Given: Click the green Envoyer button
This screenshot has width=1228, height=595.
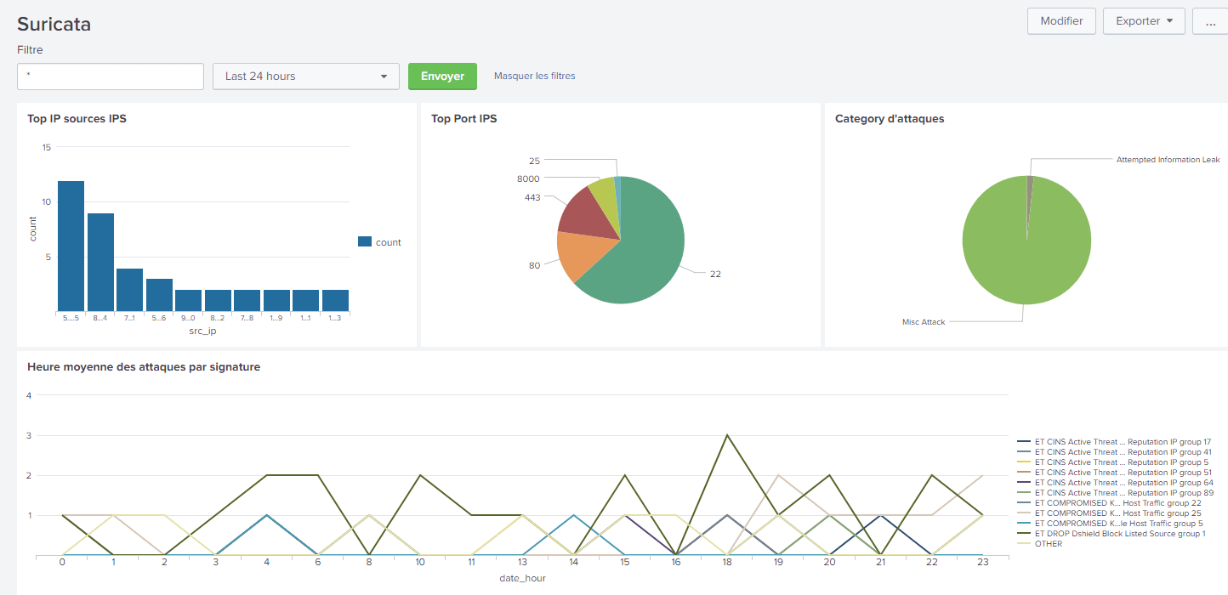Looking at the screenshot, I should coord(442,76).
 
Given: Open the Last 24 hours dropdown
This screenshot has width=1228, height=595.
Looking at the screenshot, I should coord(305,76).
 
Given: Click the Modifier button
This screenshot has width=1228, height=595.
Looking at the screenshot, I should coord(1061,21).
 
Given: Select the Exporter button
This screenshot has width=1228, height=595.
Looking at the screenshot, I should coord(1143,21).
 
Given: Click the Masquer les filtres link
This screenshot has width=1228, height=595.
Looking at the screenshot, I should coord(534,76).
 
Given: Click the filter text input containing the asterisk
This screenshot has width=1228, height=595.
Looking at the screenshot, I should coord(111,76).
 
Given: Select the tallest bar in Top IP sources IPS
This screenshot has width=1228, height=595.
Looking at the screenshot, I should coord(71,246).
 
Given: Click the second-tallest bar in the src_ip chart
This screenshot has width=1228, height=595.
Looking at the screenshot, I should coord(100,262).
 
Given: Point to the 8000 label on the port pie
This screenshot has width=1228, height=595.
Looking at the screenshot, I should coord(528,178).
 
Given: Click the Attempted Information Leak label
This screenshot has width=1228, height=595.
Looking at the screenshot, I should coord(1168,160).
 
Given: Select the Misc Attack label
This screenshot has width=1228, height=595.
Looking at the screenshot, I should coord(923,322).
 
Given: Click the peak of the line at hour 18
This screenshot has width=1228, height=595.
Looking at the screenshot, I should coord(727,435).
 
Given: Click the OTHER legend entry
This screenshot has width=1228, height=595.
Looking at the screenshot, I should coord(1048,544).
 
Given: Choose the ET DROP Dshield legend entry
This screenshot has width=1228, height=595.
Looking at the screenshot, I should coord(1119,534).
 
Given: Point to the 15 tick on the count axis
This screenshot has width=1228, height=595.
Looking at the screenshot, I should coord(47,148).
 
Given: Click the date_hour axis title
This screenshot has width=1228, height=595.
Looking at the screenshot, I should coord(522,579).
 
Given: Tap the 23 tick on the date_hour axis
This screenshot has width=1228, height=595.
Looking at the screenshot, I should coord(983,563).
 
